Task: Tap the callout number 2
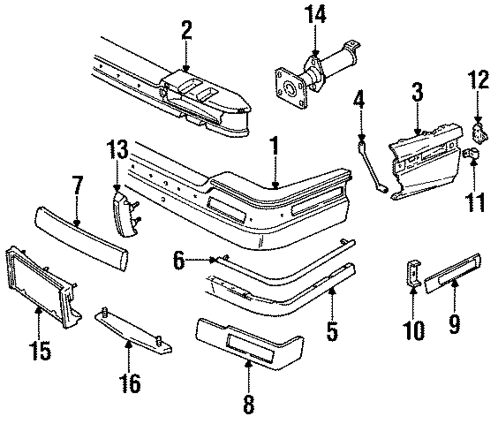coord(186,30)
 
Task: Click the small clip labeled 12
coord(479,132)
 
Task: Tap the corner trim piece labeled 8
coord(249,342)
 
